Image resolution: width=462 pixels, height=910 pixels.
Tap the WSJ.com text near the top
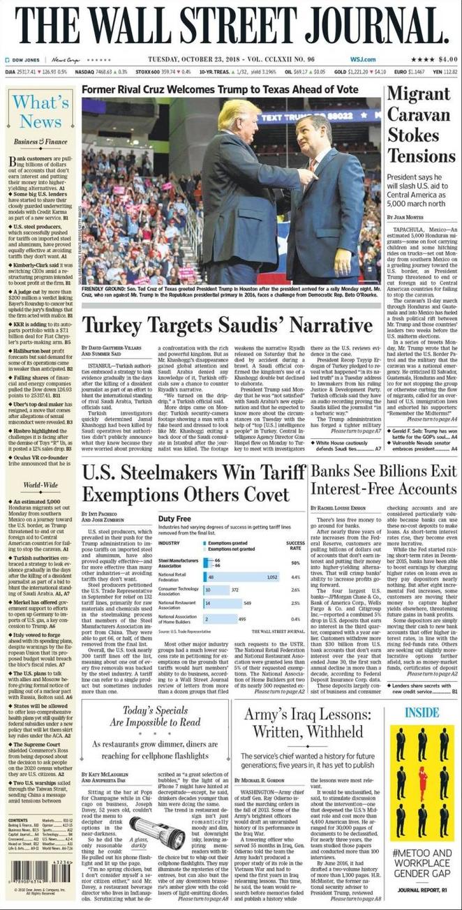pyautogui.click(x=362, y=59)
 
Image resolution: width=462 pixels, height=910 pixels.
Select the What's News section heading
pyautogui.click(x=40, y=112)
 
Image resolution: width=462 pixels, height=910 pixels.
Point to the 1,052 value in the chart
pyautogui.click(x=272, y=577)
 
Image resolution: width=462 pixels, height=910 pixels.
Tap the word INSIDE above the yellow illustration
pyautogui.click(x=422, y=713)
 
